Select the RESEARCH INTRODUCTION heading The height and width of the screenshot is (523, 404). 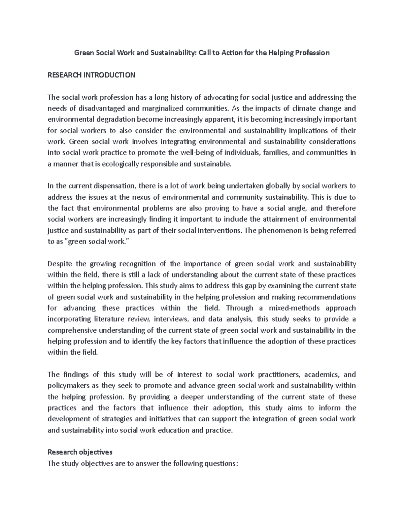tap(91, 75)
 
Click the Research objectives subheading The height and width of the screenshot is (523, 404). tap(80, 452)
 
